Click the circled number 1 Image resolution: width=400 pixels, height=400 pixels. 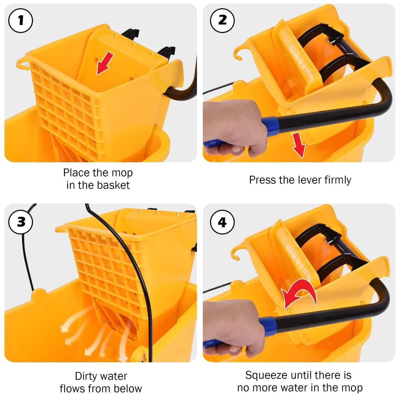tap(21, 21)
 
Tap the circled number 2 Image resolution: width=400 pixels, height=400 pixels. tap(222, 21)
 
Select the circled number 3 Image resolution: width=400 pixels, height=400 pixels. tap(21, 222)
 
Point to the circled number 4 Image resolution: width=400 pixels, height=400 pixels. tap(222, 222)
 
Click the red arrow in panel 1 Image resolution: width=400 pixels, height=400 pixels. tap(105, 63)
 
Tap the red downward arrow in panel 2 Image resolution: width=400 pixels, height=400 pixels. tap(299, 145)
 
